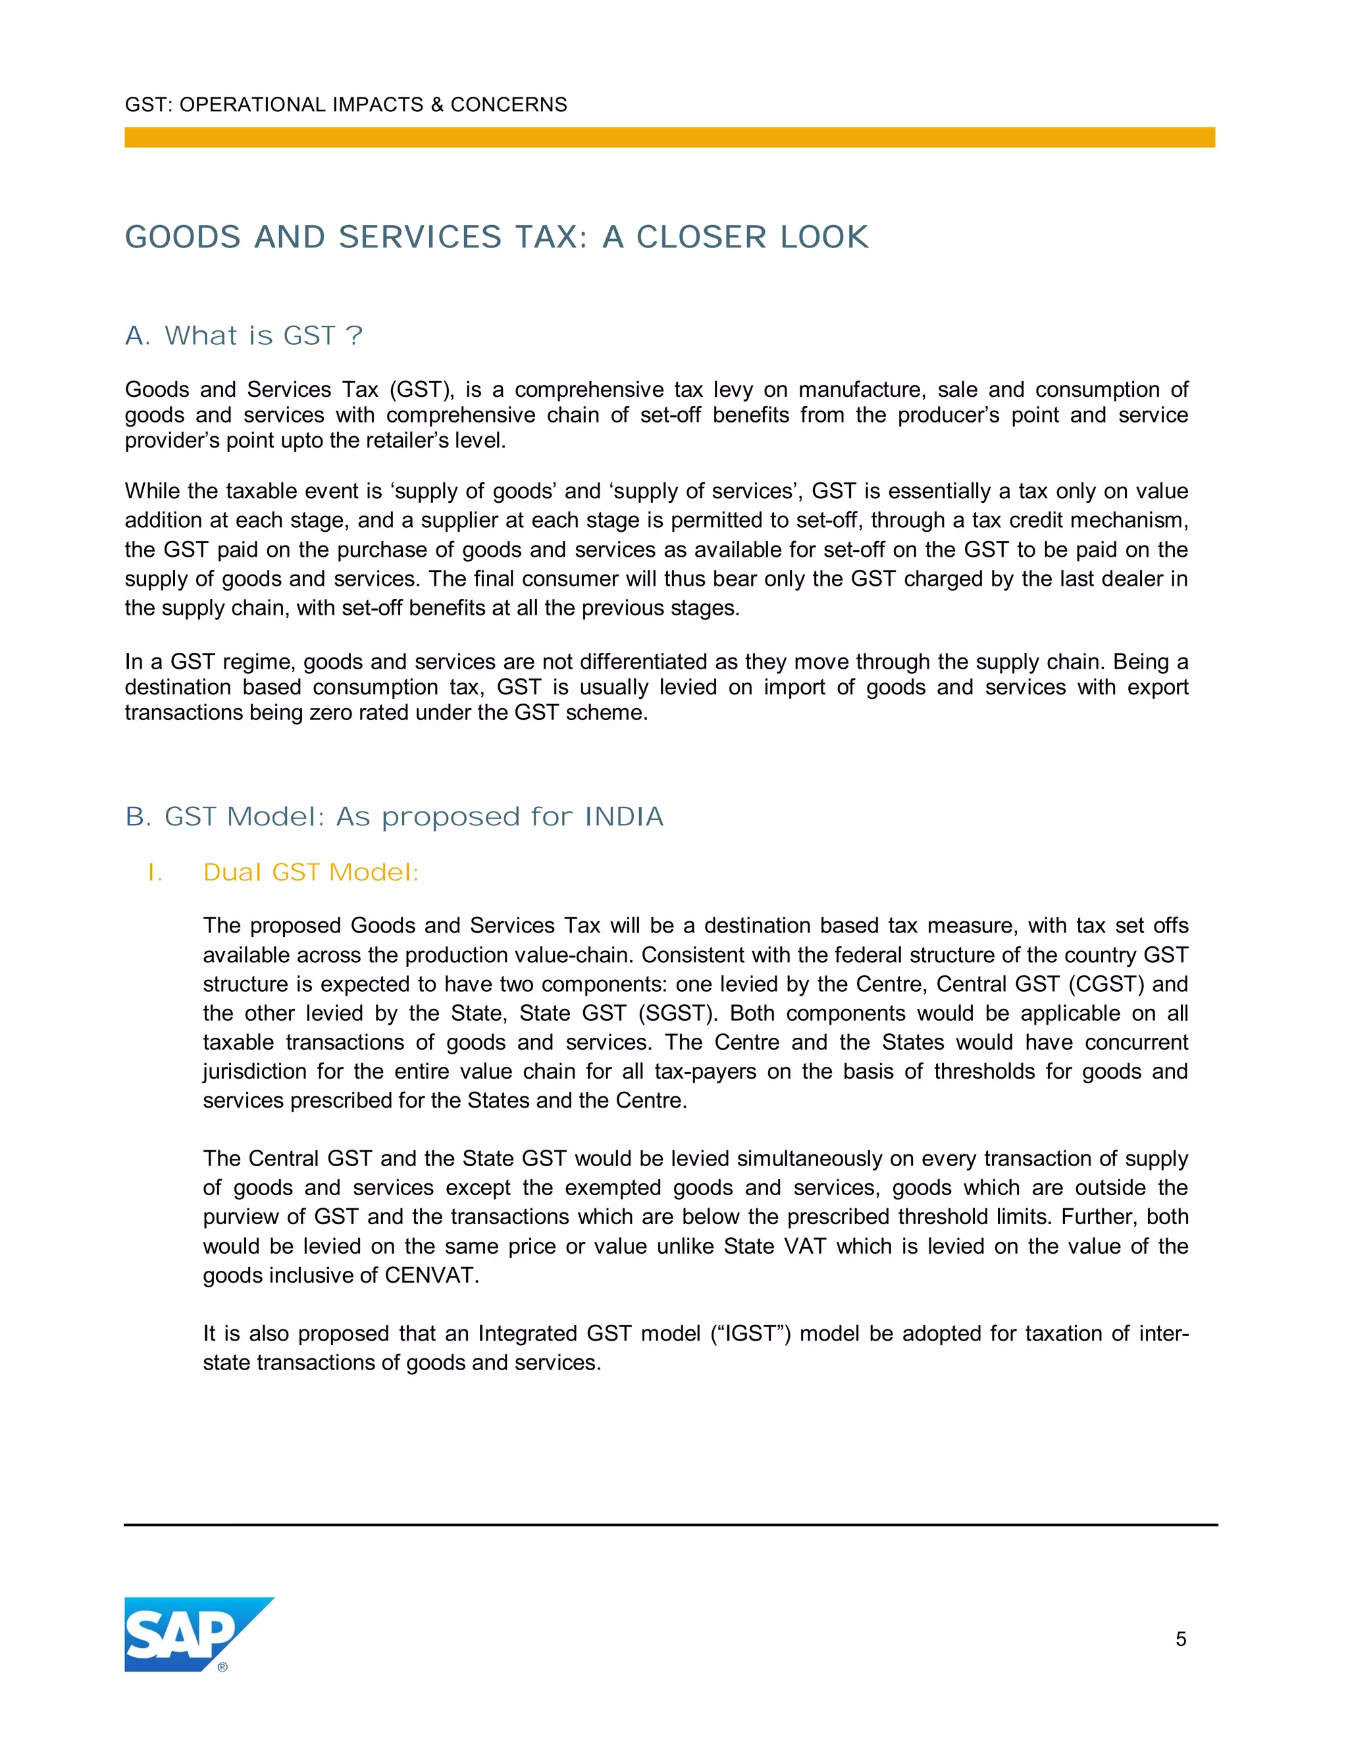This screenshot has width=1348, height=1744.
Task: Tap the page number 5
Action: [x=1180, y=1639]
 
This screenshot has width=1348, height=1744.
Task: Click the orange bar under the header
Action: [x=669, y=138]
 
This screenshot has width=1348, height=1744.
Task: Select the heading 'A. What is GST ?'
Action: [x=244, y=336]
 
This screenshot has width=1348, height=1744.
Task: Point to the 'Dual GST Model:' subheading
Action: [x=311, y=872]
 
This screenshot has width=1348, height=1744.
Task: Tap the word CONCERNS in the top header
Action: [x=509, y=105]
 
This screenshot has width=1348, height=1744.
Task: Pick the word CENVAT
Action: [x=431, y=1275]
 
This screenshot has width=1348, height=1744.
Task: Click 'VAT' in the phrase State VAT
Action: [x=804, y=1246]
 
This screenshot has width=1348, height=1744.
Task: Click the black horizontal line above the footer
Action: [x=671, y=1524]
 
